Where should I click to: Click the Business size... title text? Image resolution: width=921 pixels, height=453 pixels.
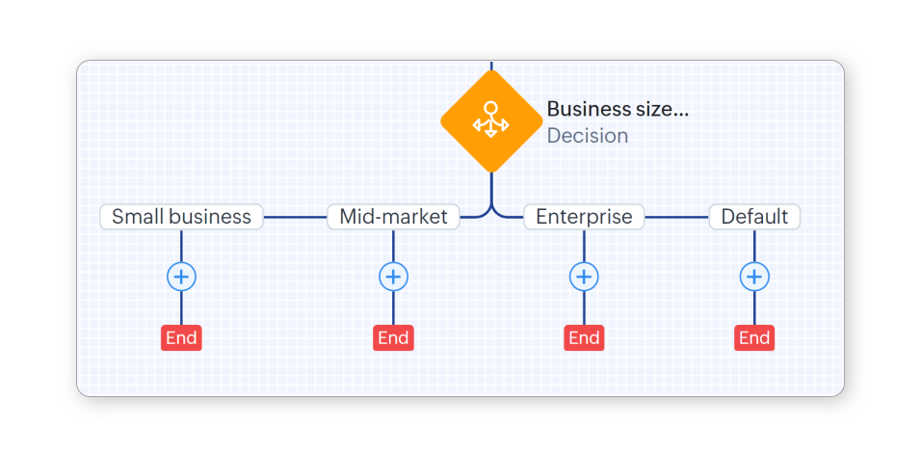(618, 109)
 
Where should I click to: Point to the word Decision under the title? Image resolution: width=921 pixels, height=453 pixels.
(588, 136)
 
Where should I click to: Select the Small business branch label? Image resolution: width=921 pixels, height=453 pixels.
(181, 217)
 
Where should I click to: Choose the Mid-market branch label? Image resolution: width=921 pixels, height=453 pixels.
(393, 217)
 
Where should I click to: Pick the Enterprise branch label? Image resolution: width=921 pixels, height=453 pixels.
(584, 217)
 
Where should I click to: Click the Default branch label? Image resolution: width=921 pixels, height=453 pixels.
(754, 217)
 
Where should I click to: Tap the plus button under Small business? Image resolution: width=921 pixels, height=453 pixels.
(181, 278)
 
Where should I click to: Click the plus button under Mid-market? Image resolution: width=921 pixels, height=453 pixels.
(393, 278)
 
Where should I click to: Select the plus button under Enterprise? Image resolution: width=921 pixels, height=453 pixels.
(584, 278)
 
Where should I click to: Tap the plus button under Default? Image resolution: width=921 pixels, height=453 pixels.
(754, 278)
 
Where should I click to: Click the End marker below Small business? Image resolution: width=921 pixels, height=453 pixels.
(181, 337)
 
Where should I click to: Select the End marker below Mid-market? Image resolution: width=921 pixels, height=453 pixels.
(393, 337)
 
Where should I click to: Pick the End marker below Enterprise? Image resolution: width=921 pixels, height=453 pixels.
(584, 337)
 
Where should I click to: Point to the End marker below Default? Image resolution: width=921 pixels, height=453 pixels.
(754, 337)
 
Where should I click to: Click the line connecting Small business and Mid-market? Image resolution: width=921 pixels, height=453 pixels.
(295, 217)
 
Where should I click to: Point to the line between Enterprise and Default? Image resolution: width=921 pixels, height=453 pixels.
(676, 217)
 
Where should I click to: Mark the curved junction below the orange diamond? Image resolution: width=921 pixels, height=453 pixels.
(491, 207)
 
